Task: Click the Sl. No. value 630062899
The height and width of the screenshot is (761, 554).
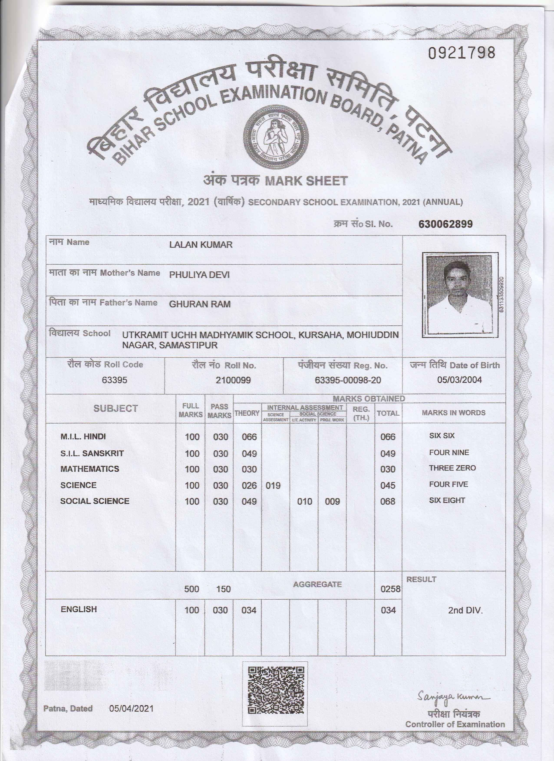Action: pyautogui.click(x=445, y=224)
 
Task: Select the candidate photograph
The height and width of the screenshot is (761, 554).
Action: pyautogui.click(x=460, y=295)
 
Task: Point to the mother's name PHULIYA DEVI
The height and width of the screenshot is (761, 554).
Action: pyautogui.click(x=200, y=275)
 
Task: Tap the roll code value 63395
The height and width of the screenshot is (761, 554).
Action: pyautogui.click(x=114, y=380)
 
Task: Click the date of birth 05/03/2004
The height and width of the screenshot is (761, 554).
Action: pyautogui.click(x=459, y=380)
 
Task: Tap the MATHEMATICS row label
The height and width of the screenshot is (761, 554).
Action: pyautogui.click(x=90, y=469)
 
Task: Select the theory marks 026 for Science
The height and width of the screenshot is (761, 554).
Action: pyautogui.click(x=249, y=485)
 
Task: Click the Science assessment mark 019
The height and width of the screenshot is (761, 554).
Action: pyautogui.click(x=273, y=485)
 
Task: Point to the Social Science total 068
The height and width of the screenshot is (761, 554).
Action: pyautogui.click(x=388, y=502)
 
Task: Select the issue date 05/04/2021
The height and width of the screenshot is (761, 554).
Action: pyautogui.click(x=131, y=709)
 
